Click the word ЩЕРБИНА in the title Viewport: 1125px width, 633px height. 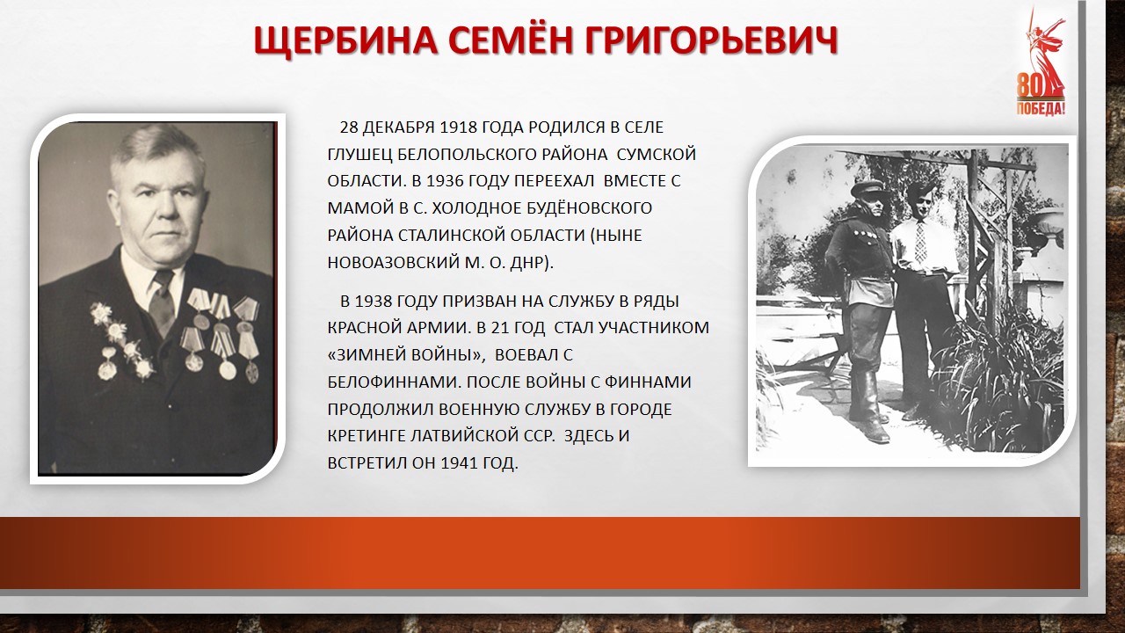coord(345,40)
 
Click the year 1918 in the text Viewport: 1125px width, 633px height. coord(458,127)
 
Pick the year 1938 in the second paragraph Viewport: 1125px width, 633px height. coord(374,302)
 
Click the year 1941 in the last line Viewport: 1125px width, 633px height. coord(460,462)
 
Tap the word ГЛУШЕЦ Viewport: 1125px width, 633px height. coord(360,154)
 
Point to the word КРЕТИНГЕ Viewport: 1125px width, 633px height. coord(367,435)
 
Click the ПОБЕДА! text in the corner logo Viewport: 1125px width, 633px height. coord(1041,108)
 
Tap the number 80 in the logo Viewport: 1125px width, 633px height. coord(1030,86)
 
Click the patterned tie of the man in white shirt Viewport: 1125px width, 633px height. coord(920,241)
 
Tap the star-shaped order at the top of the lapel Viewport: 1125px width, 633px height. coord(101,313)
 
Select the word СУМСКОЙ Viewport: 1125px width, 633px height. coord(656,154)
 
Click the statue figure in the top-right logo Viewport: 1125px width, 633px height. coord(1043,55)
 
